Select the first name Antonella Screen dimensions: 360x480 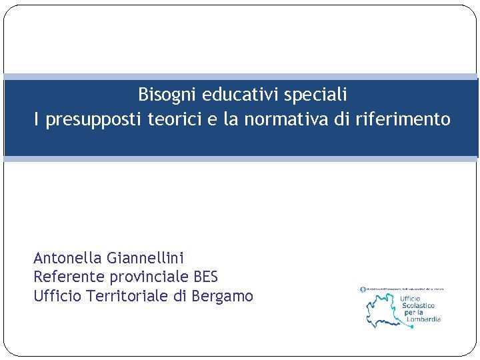coord(67,258)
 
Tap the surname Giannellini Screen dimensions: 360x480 coord(145,258)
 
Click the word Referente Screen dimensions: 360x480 coord(67,277)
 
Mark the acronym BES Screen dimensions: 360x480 coord(205,277)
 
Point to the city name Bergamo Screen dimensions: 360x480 coord(222,296)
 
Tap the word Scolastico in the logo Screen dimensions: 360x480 coord(418,305)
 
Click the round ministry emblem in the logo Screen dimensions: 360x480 coord(363,289)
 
